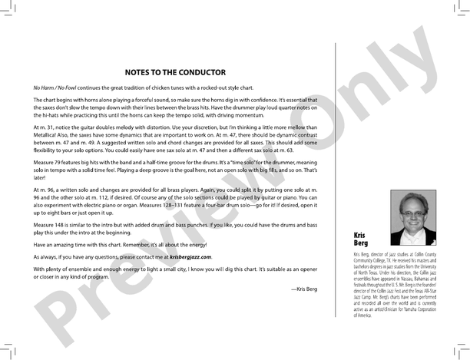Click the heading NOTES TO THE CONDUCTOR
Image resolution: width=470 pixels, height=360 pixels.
(184, 73)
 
